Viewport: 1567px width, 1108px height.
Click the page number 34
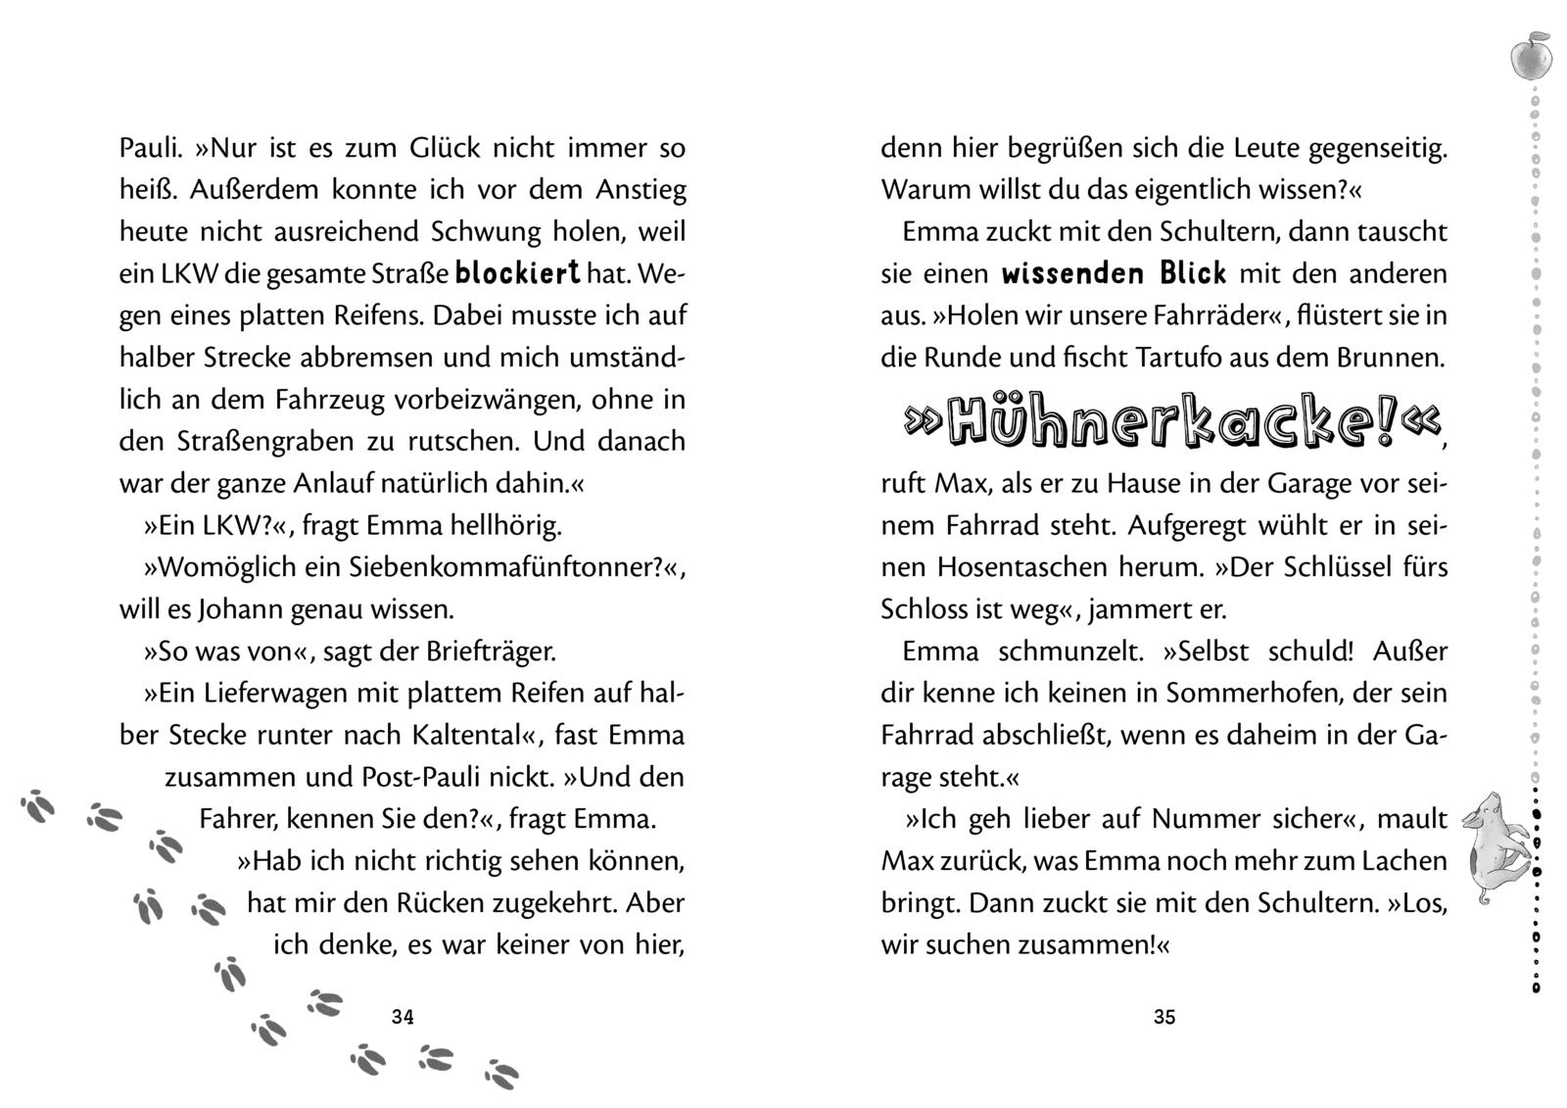click(x=403, y=1017)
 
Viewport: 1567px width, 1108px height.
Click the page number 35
click(x=1163, y=1017)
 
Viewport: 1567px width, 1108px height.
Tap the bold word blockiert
click(x=518, y=273)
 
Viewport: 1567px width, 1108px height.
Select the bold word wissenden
click(x=1072, y=273)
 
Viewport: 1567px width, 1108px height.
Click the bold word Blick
click(x=1193, y=273)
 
